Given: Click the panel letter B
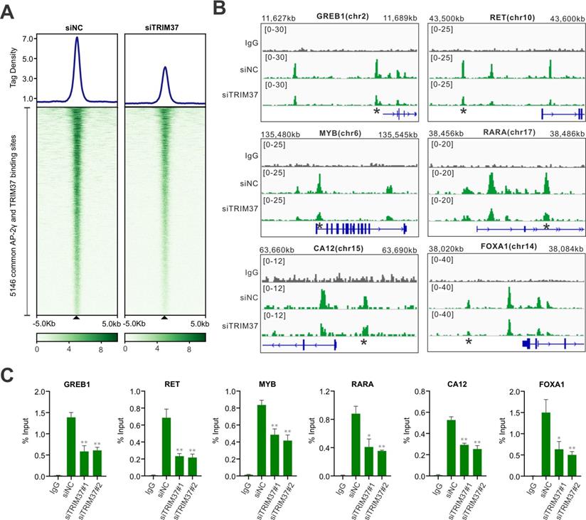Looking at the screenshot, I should pyautogui.click(x=220, y=9).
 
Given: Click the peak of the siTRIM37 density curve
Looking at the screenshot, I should pyautogui.click(x=165, y=68).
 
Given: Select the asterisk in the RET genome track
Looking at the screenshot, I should pyautogui.click(x=463, y=112).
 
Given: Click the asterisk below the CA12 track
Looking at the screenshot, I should pyautogui.click(x=363, y=342).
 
